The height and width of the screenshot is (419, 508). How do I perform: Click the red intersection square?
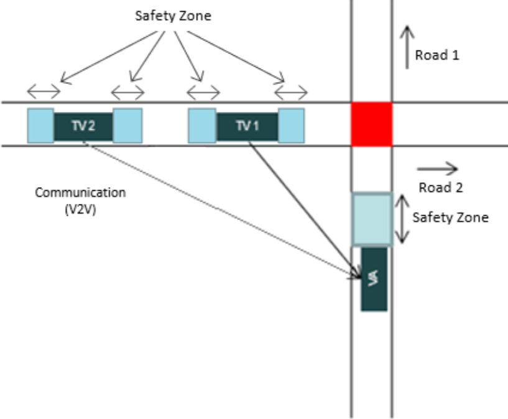coord(371,124)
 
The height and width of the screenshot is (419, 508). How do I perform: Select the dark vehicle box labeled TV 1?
coord(247,126)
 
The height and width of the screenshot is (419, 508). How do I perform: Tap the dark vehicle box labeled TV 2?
coord(83,126)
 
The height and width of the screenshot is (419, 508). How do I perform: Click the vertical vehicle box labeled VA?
coord(374,279)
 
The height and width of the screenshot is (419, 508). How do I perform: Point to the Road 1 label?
coord(437,55)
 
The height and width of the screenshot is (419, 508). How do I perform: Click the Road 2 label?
coord(440,187)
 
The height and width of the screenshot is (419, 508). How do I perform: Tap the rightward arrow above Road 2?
coord(437,168)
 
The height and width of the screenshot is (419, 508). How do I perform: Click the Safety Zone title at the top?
coord(173,16)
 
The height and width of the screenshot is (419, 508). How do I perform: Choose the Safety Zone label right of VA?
coord(450,218)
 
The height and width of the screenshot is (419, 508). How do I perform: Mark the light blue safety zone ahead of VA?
coord(371,219)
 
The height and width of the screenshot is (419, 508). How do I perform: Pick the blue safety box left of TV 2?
coord(40,126)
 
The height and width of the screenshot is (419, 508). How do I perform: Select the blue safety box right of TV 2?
coord(127,126)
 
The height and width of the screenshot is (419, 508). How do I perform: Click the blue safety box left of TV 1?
coord(202,126)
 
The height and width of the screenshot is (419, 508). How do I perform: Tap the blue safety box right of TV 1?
coord(291,126)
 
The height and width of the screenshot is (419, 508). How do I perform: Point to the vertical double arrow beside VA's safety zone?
coord(403,219)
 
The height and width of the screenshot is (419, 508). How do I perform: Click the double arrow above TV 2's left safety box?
coord(44,93)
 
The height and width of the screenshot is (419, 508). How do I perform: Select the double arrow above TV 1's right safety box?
coord(291,94)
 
